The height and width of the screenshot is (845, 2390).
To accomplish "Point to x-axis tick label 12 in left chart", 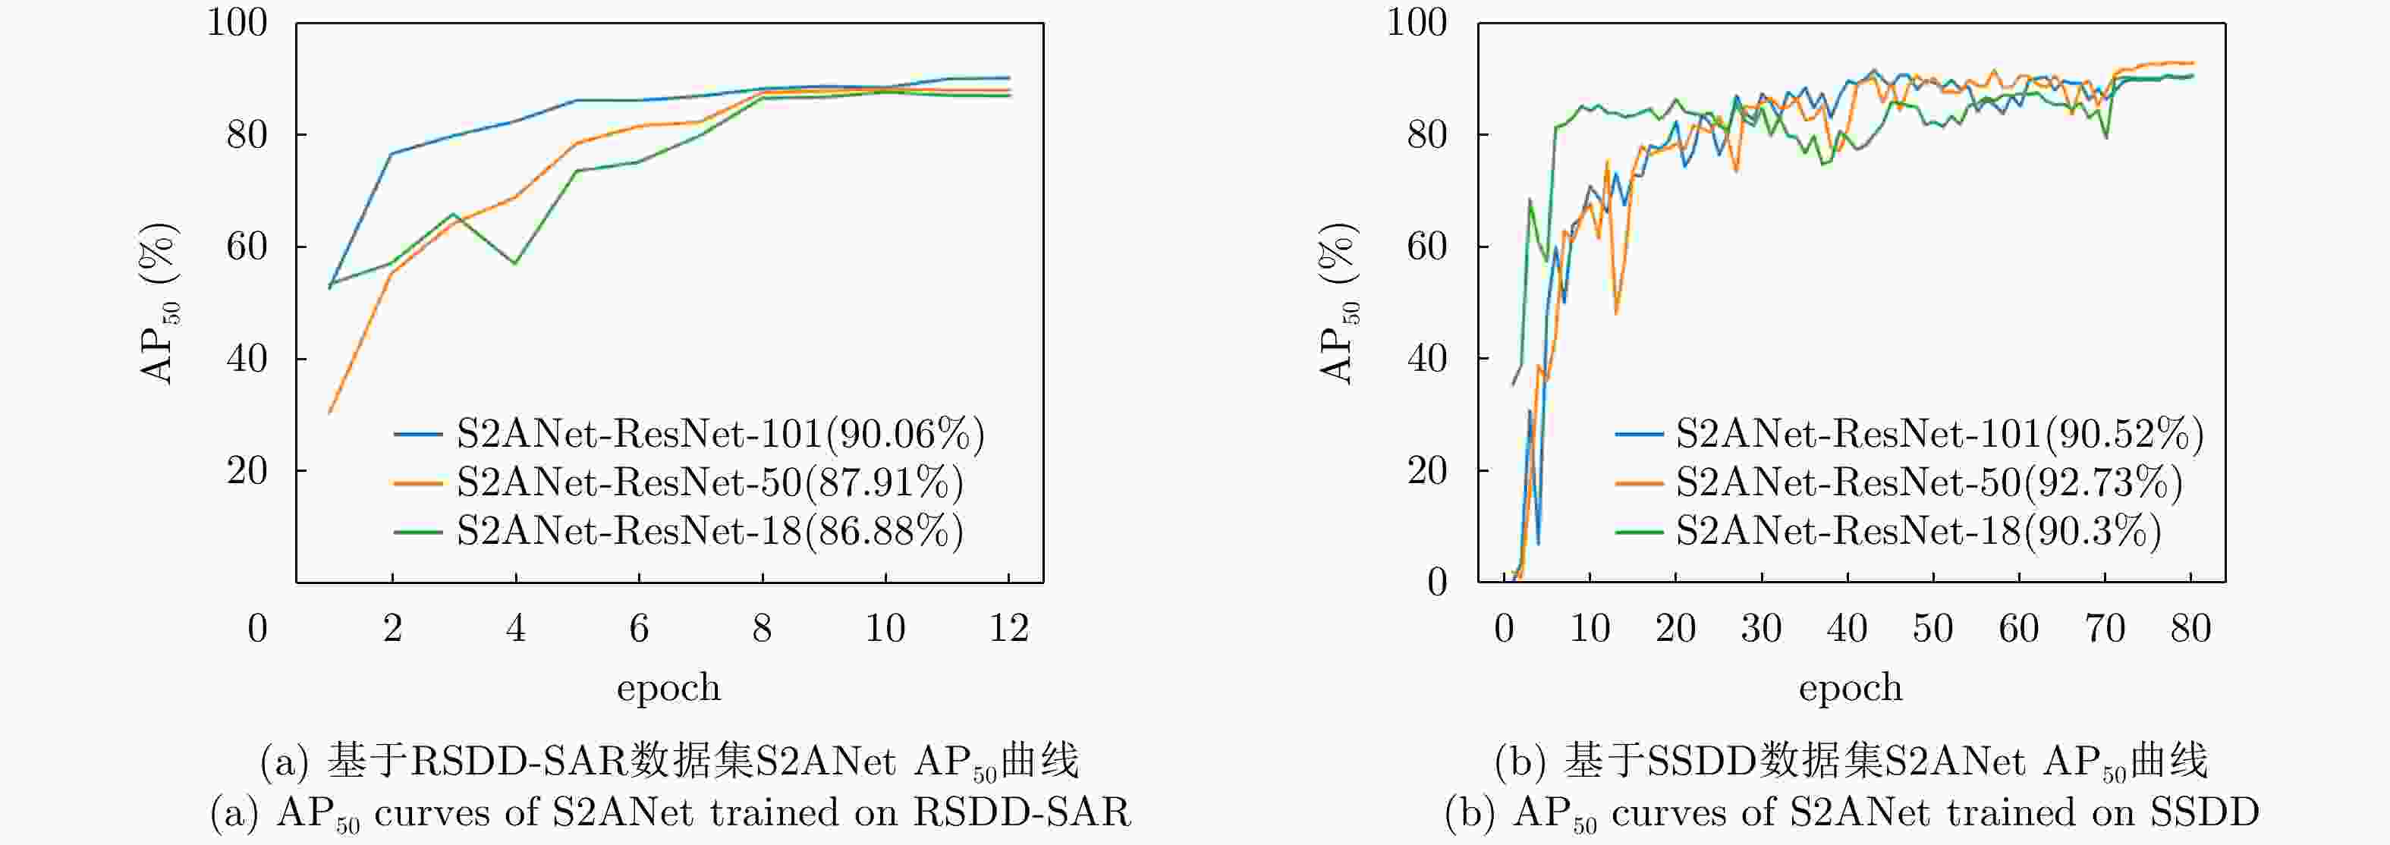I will click(x=1008, y=629).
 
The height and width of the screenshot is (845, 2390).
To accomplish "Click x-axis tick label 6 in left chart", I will click(x=638, y=629).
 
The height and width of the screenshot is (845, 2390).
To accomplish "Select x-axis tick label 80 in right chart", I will click(x=2190, y=629).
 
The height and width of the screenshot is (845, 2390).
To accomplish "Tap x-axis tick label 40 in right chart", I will click(x=1846, y=629).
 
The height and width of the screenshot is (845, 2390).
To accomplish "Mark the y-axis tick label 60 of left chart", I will click(x=247, y=247).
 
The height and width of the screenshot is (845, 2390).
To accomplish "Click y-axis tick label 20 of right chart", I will click(x=1427, y=471).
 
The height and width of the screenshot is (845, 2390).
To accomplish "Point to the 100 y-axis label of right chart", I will click(x=1417, y=22).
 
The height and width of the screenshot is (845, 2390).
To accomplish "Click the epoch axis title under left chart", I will click(x=668, y=687).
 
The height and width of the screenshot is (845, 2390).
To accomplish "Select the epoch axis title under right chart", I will click(x=1850, y=687).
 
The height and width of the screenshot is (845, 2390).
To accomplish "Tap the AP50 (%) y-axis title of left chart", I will click(x=158, y=303).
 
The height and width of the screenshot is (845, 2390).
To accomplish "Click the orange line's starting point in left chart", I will click(x=330, y=412).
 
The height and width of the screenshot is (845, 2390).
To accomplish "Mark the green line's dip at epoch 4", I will click(x=515, y=263).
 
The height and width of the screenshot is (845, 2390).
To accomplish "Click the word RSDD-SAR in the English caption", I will click(x=1021, y=812).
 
